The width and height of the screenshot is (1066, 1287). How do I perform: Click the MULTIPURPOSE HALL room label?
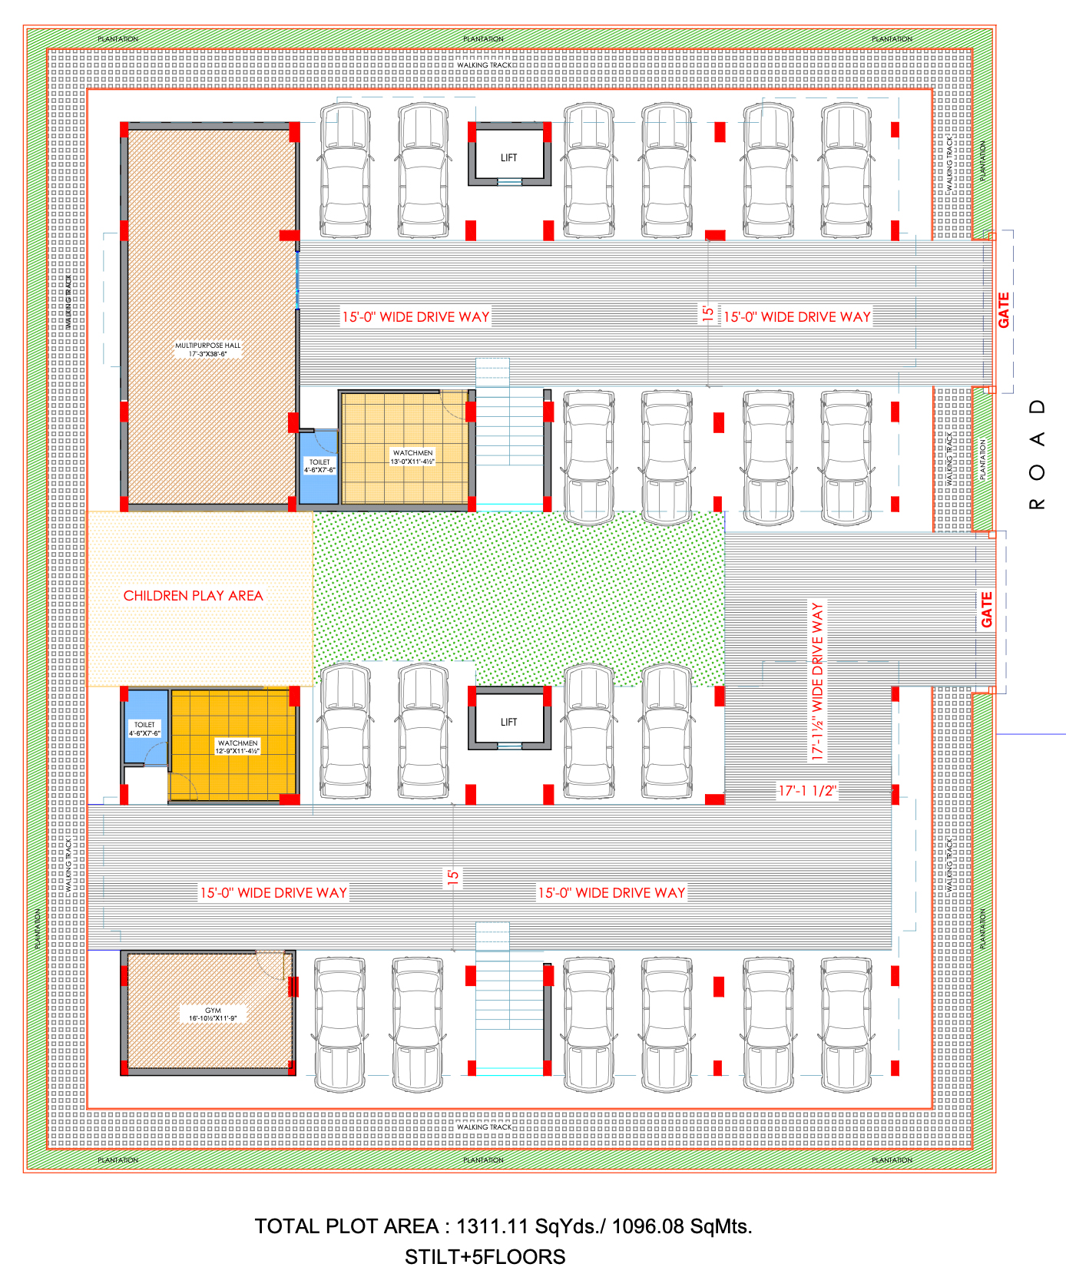[207, 346]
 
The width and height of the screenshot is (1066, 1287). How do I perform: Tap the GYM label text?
[213, 1011]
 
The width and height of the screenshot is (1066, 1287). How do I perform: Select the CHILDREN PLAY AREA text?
[193, 596]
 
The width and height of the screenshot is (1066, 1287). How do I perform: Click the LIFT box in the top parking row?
[509, 157]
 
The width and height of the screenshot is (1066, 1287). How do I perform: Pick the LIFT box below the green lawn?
[509, 722]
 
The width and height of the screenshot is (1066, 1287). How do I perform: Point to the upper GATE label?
[1004, 310]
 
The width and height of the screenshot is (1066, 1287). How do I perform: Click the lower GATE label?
[987, 609]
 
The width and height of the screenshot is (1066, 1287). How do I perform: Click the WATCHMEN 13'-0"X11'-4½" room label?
[412, 457]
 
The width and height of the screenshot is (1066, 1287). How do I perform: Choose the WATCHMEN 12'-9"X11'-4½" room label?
[237, 746]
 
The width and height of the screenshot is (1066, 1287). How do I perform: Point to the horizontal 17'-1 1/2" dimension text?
[807, 791]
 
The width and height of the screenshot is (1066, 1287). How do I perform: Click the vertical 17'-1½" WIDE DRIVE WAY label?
[817, 682]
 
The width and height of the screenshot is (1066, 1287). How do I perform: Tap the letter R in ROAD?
[1038, 505]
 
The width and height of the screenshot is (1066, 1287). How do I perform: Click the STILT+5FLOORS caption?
[485, 1257]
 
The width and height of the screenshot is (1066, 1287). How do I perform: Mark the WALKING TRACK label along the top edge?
[484, 65]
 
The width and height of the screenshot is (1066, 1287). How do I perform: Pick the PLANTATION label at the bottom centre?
[483, 1160]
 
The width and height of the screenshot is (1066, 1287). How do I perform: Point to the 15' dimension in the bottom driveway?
[453, 876]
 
